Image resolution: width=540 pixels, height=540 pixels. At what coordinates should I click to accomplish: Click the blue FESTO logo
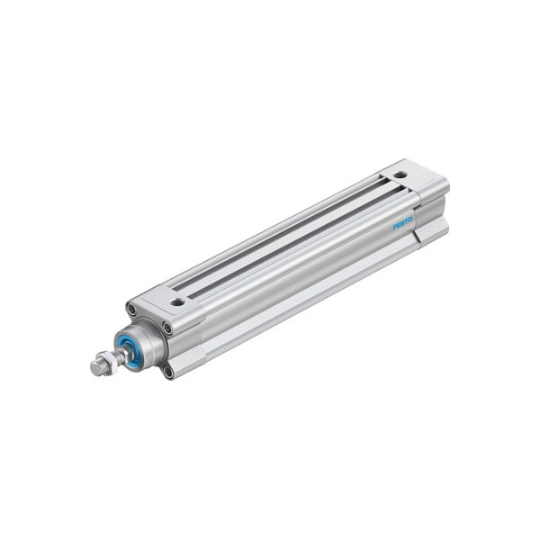pos(402,222)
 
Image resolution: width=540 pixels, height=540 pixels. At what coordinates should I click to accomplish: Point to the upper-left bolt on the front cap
pos(131,310)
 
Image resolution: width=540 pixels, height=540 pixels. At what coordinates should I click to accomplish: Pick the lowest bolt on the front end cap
pos(168,371)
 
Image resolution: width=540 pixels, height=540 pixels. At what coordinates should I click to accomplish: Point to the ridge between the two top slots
pos(288,233)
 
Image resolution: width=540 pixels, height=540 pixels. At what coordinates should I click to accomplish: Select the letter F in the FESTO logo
pos(394,227)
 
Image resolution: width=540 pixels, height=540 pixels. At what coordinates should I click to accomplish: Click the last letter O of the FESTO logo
pos(410,218)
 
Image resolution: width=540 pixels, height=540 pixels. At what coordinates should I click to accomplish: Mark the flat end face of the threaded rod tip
pos(94,369)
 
